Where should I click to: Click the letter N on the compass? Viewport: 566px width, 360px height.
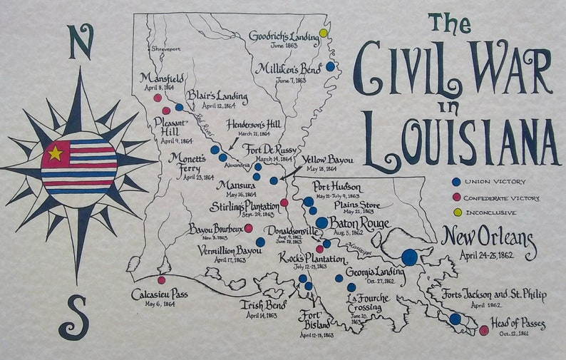(x=81, y=42)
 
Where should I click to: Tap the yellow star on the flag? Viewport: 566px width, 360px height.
(x=55, y=153)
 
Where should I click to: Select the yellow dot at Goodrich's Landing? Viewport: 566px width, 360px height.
(x=324, y=33)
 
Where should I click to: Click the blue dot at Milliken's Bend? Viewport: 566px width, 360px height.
(x=330, y=66)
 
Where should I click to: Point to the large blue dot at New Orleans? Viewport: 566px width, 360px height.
(x=409, y=257)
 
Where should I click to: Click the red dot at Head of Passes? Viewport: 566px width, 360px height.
(x=484, y=330)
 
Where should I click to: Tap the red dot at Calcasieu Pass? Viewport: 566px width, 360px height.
(x=161, y=280)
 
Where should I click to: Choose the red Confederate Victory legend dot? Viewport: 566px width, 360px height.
(x=456, y=197)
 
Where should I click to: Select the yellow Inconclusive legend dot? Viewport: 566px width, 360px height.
(x=456, y=212)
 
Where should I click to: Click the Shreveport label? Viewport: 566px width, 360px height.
(x=166, y=49)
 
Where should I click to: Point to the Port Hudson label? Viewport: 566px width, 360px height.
(x=336, y=187)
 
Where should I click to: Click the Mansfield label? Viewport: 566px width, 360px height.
(x=163, y=78)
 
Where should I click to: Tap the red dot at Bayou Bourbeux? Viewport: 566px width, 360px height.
(x=248, y=228)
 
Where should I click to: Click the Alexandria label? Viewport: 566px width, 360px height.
(x=237, y=163)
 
